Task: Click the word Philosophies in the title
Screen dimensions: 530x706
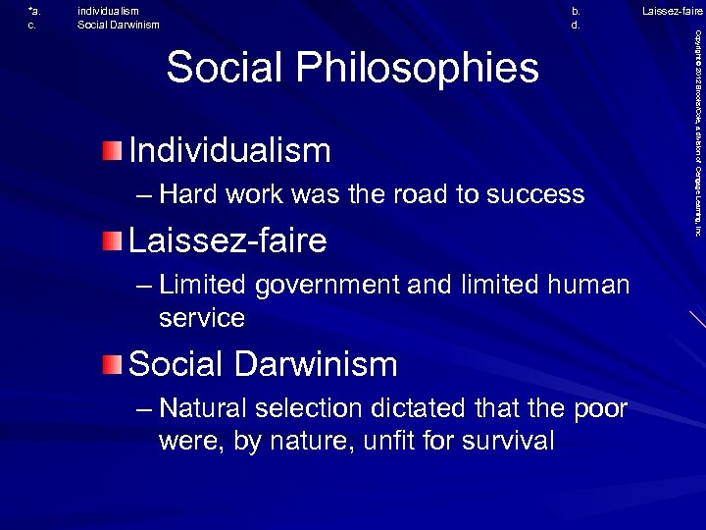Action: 434,69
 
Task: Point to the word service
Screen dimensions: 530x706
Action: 201,317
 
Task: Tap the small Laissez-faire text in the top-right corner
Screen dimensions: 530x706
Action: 672,11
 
